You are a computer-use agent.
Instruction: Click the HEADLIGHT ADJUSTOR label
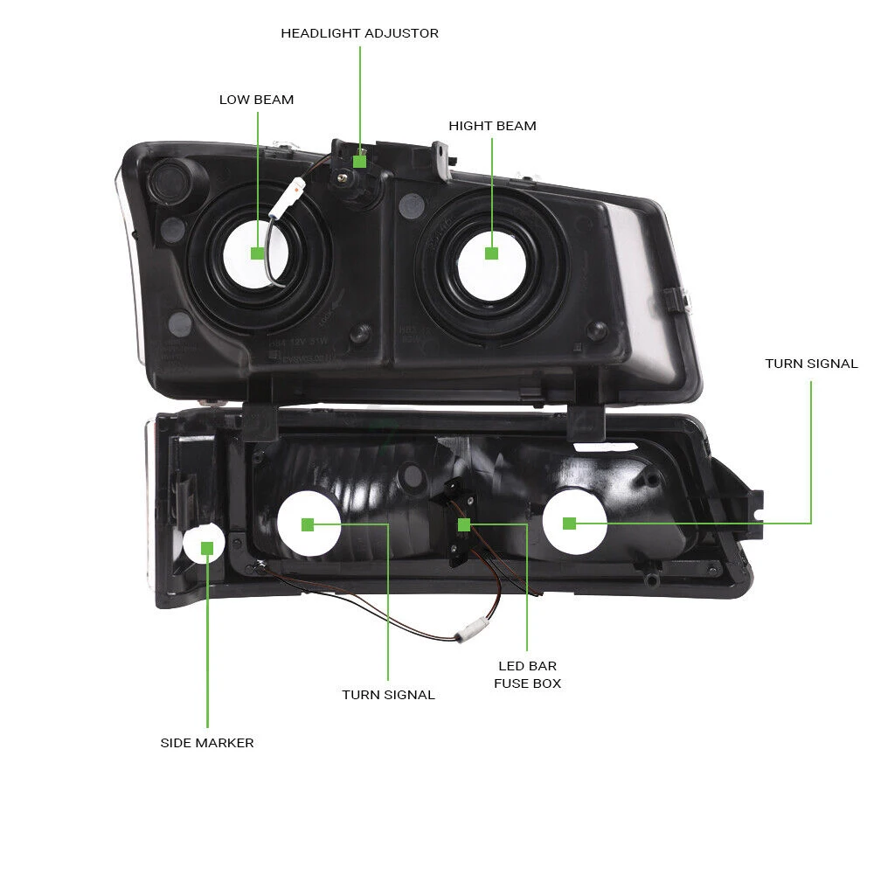tap(359, 33)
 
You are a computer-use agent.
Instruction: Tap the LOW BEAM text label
tap(256, 100)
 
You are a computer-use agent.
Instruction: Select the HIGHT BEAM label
tap(492, 126)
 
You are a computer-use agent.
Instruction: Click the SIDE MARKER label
tap(207, 743)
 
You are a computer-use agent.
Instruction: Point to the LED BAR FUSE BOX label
tap(527, 675)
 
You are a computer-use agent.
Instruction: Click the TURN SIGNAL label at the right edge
tap(811, 364)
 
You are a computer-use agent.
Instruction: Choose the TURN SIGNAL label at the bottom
tap(388, 695)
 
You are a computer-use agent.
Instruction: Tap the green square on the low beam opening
tap(257, 253)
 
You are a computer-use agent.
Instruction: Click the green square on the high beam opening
tap(491, 253)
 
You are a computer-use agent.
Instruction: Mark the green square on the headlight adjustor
tap(359, 161)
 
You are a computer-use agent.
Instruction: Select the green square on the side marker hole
tap(207, 548)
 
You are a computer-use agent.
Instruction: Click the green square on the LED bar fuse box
tap(464, 524)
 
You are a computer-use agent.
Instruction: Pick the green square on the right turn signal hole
tap(570, 524)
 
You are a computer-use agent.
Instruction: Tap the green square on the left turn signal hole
tap(307, 524)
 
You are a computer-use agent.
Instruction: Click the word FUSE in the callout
tap(510, 683)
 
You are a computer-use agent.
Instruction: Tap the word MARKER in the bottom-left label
tap(228, 743)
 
